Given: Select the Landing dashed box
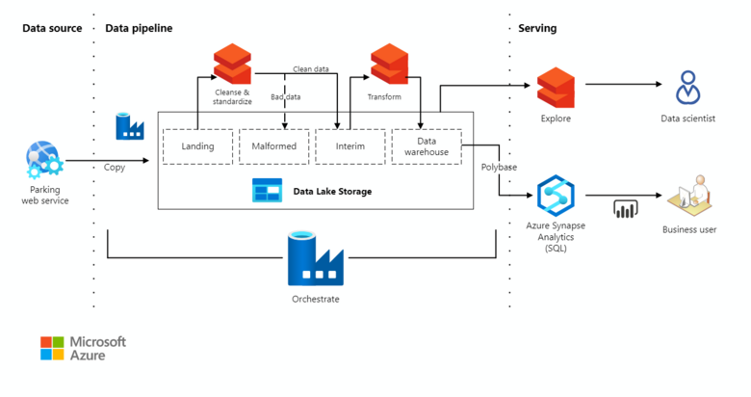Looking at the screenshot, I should point(196,146).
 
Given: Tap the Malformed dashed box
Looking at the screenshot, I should point(273,146).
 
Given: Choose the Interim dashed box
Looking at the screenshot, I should point(350,146).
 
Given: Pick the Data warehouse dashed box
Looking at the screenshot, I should point(427,146).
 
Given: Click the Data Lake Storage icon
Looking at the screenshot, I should point(267,191).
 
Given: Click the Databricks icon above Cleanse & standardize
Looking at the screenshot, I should point(232,64).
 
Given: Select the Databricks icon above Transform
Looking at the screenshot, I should point(389,64).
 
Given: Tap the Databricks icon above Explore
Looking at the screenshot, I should point(556,87).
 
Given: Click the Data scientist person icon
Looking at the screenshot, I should point(688,87).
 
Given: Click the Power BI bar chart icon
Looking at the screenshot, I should point(627,208).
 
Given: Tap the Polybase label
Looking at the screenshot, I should point(499,167).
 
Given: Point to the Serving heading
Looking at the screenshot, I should point(537,28).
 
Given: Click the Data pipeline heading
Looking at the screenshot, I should point(139,28).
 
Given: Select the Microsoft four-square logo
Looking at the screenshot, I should point(52,348).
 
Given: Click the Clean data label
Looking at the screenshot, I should point(312,69).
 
